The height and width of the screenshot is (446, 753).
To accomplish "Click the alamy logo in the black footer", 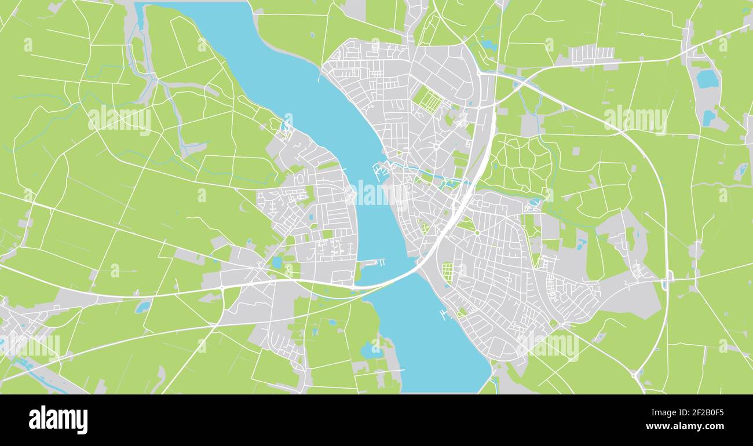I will click(x=59, y=420).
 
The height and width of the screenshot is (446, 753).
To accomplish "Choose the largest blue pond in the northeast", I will click(x=707, y=79).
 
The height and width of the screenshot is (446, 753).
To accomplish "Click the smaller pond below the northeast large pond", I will click(x=708, y=118).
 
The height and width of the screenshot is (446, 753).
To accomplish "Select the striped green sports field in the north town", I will click(x=429, y=100).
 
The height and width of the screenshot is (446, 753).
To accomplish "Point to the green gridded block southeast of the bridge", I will click(x=448, y=272).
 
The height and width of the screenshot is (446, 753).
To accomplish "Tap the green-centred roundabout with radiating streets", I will click(x=477, y=232).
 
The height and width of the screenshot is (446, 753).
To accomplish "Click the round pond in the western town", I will click(x=277, y=262).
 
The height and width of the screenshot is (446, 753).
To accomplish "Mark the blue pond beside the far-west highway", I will click(x=142, y=306).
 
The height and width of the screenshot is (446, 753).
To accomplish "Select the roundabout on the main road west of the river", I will click(x=222, y=287).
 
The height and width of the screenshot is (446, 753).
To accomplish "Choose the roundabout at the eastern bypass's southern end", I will click(x=636, y=374).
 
